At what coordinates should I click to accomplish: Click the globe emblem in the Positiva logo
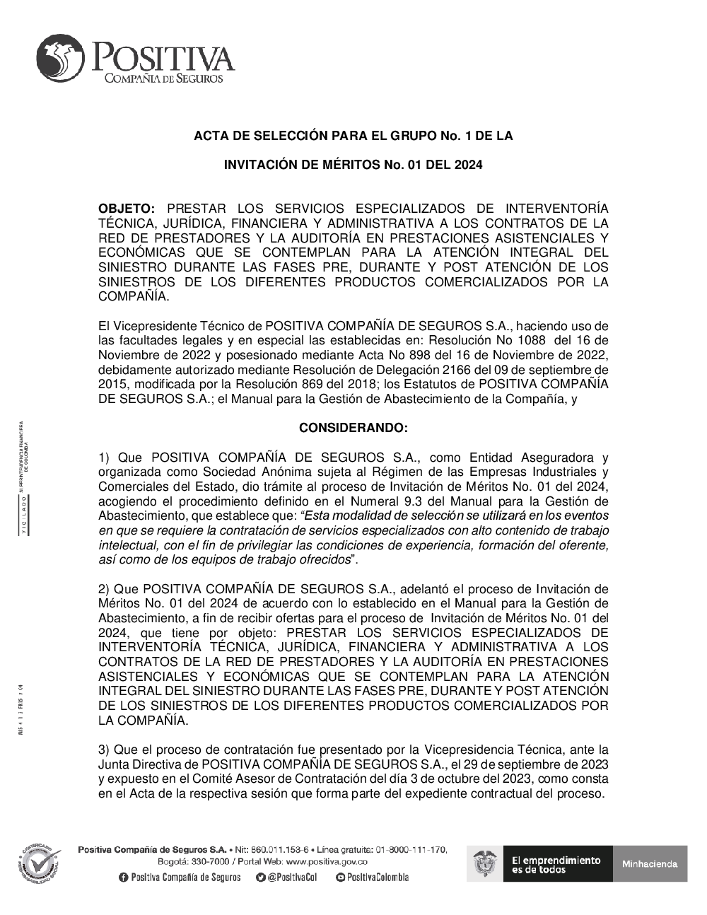pos(60,60)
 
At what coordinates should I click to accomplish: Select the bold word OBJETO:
pos(126,209)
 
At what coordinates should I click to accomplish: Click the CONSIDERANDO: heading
pos(353,428)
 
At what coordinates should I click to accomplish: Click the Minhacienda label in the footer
pos(649,863)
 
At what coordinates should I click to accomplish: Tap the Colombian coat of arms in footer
pos(485,863)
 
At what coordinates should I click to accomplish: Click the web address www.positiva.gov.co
pos(327,862)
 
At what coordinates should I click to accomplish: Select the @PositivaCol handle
pos(292,878)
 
